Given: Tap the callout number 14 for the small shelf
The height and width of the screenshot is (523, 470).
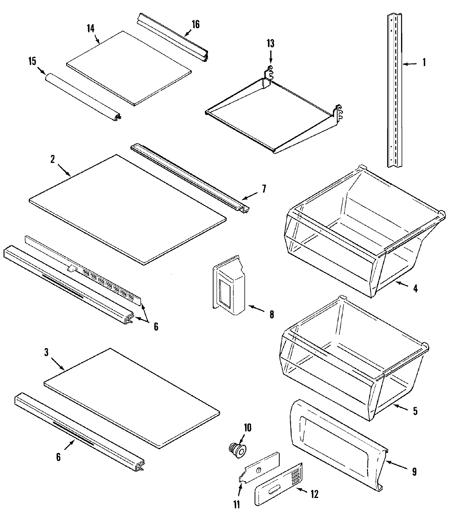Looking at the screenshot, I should [90, 29].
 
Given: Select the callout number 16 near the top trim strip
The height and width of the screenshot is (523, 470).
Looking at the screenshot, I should [195, 25].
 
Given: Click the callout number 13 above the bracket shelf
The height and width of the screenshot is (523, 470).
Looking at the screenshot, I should [270, 43].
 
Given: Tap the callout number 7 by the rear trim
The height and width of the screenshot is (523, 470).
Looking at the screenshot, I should [264, 189].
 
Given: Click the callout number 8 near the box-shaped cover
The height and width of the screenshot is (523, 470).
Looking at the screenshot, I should [271, 314].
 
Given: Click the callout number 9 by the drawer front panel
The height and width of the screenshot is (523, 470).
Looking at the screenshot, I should [414, 471].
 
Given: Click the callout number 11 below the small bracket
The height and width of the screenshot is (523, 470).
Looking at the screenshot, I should [237, 505].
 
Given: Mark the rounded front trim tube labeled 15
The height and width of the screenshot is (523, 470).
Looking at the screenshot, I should [82, 95].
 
